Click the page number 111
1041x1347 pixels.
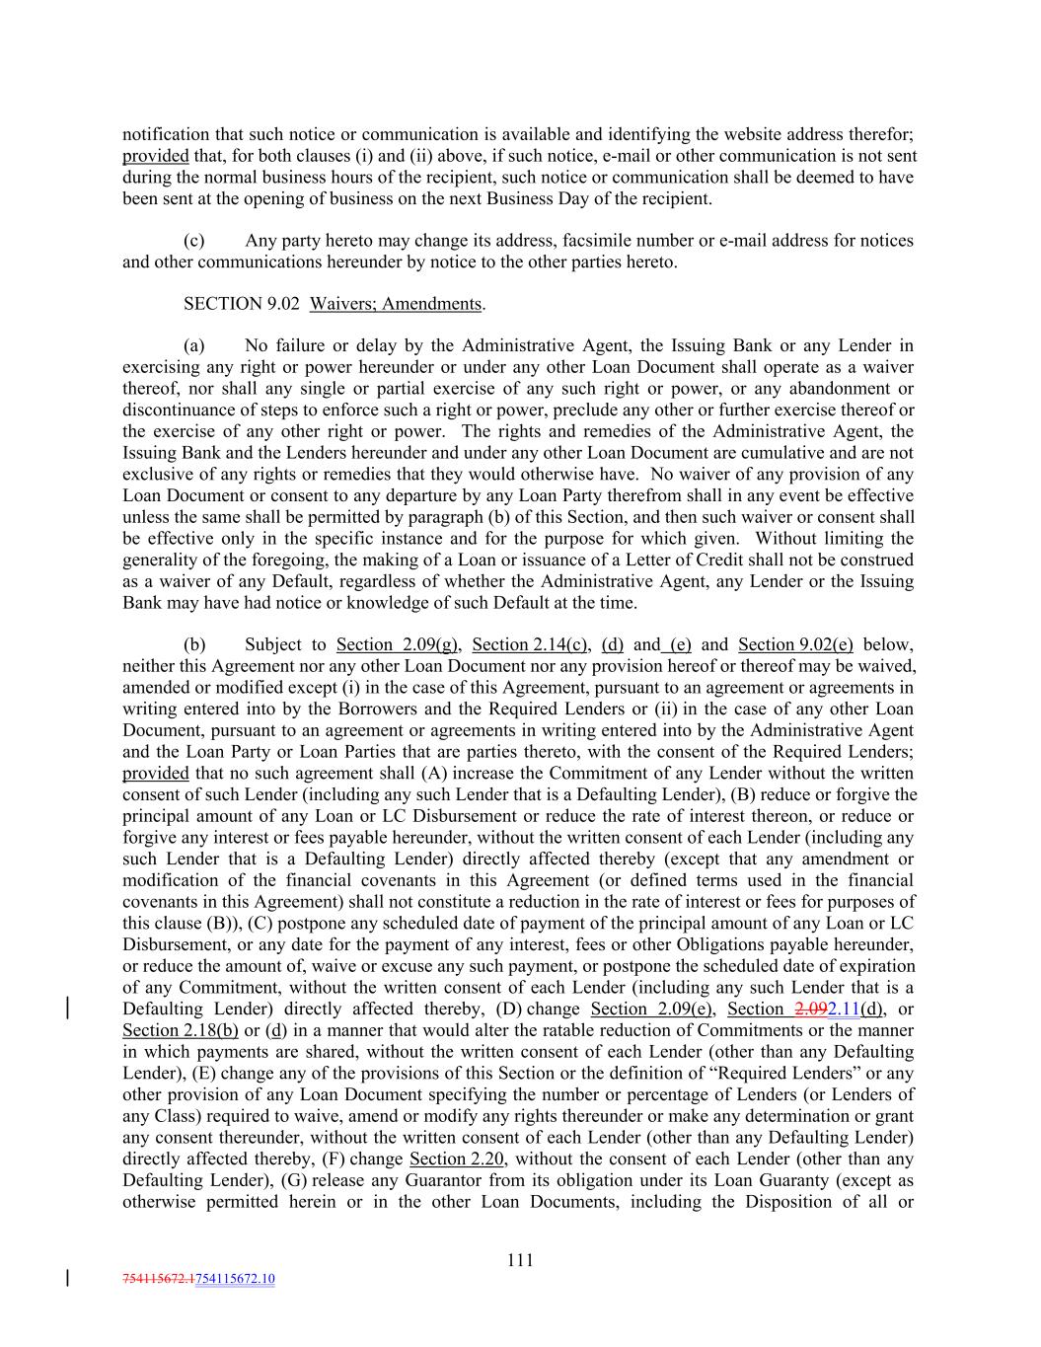520,1260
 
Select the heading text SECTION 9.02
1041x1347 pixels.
242,304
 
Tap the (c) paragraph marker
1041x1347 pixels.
194,241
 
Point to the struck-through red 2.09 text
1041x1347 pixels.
810,1010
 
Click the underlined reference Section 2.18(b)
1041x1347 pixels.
181,1031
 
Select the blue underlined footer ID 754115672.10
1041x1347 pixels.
236,1280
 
